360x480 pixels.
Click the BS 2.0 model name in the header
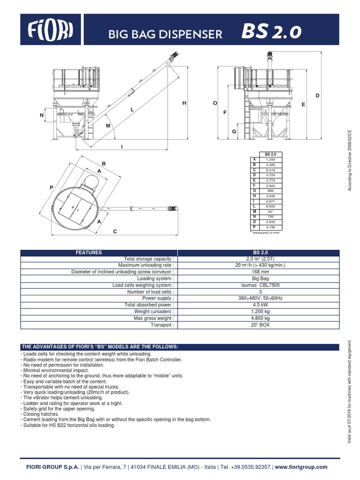coord(271,33)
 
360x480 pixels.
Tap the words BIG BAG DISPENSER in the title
coord(165,34)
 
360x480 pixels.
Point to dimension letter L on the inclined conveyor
coord(132,109)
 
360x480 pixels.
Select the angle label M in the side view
coord(108,126)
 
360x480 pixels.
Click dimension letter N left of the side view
coord(42,115)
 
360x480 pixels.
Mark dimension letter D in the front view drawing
coord(317,96)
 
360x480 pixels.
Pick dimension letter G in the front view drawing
coord(233,132)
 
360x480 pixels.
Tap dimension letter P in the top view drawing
coord(52,187)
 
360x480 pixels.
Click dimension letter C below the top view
coord(114,232)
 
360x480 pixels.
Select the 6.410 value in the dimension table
coord(270,169)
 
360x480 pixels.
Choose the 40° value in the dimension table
coord(270,211)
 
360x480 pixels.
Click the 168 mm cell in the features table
coord(257,271)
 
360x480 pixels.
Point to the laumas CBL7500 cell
coord(257,285)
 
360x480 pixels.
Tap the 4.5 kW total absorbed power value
coord(257,305)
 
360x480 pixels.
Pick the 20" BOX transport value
coord(257,324)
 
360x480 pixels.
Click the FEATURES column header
coord(89,252)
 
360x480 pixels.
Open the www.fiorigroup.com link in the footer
coord(301,467)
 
